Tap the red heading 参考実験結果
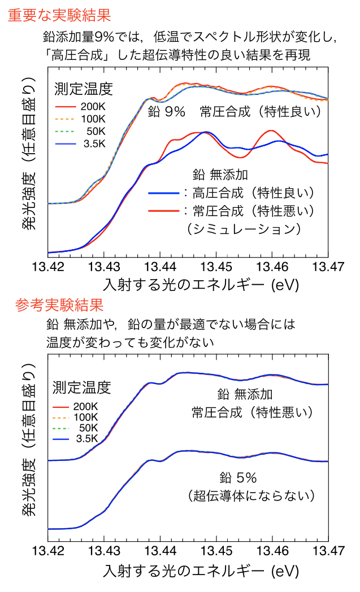tap(59, 306)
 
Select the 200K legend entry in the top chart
tap(81, 107)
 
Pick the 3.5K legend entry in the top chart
tap(81, 143)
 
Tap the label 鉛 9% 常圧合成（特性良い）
tap(235, 112)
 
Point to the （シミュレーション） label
tap(242, 229)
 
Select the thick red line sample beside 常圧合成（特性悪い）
tap(163, 211)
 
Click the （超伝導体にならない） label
tap(250, 495)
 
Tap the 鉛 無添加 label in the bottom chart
tap(245, 394)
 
